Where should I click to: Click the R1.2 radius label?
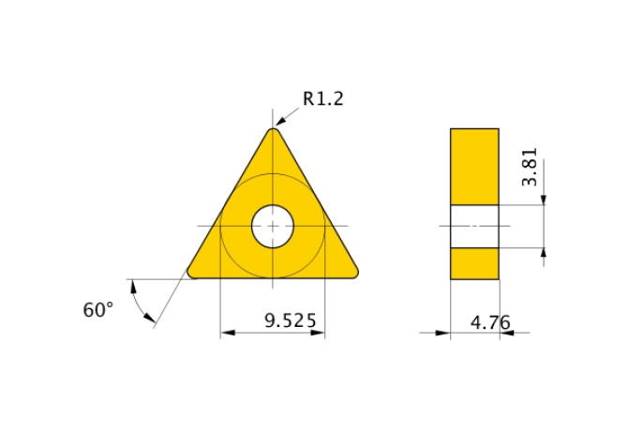pos(322,98)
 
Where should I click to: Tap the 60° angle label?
pos(97,310)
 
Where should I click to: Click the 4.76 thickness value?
pos(490,322)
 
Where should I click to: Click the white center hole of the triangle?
pos(273,226)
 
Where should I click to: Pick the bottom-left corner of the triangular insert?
pos(194,273)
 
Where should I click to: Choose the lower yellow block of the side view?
pos(474,263)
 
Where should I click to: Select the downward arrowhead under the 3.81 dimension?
pos(545,199)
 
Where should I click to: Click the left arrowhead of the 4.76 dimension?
pos(444,332)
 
